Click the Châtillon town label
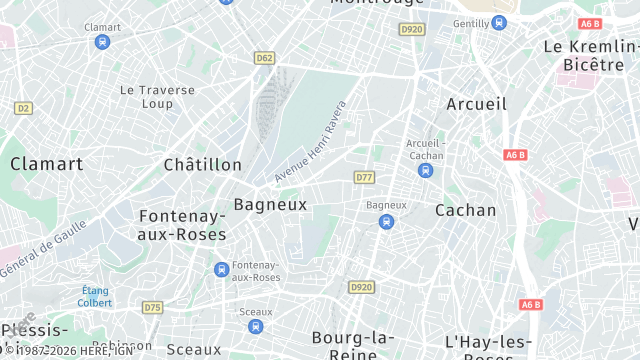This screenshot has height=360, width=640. (x=202, y=164)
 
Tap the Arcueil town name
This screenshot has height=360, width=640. (x=476, y=104)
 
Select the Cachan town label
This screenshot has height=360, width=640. (x=465, y=210)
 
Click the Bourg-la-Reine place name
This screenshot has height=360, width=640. (x=343, y=345)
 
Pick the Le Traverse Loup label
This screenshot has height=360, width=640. (x=157, y=96)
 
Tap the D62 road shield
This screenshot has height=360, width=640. (x=264, y=58)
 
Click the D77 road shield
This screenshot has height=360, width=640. (x=364, y=177)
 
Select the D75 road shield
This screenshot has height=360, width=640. (x=152, y=307)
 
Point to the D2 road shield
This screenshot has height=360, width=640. (x=23, y=107)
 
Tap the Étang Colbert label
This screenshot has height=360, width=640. (x=95, y=295)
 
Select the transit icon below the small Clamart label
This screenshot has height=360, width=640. (x=102, y=42)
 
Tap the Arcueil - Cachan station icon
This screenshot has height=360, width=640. (x=426, y=171)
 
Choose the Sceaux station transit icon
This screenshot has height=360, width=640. (x=255, y=326)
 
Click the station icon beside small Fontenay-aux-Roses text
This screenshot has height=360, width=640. (x=221, y=269)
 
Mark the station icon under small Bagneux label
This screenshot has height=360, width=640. (x=386, y=221)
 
